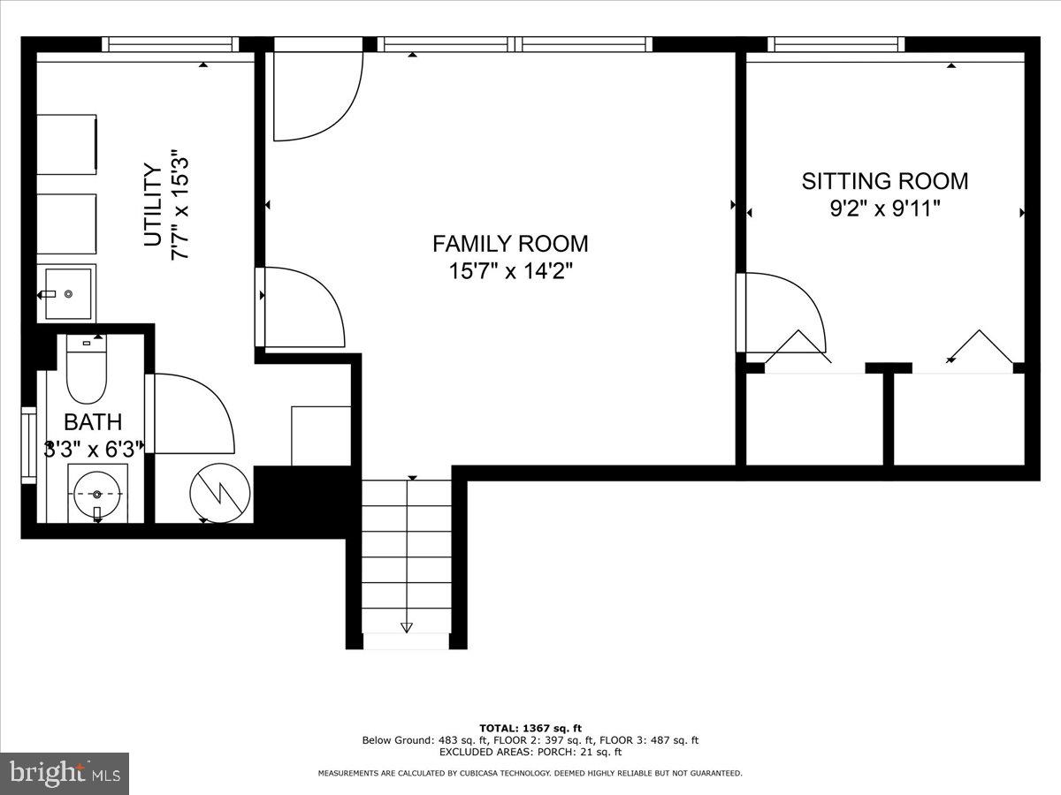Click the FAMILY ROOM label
point(510,244)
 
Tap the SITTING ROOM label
point(884,181)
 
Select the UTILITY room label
point(153,205)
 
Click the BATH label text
point(93,422)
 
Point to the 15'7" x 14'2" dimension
point(510,271)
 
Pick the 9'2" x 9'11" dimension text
point(885,209)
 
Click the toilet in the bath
point(86,369)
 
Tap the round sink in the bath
point(97,494)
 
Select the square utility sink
point(68,293)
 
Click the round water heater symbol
point(220,493)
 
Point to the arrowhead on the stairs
point(407,627)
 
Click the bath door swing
point(194,413)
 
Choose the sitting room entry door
point(782,313)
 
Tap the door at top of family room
point(318,96)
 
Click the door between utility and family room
point(301,307)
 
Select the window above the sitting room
point(836,44)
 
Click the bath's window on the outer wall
point(29,445)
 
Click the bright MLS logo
point(65,773)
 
